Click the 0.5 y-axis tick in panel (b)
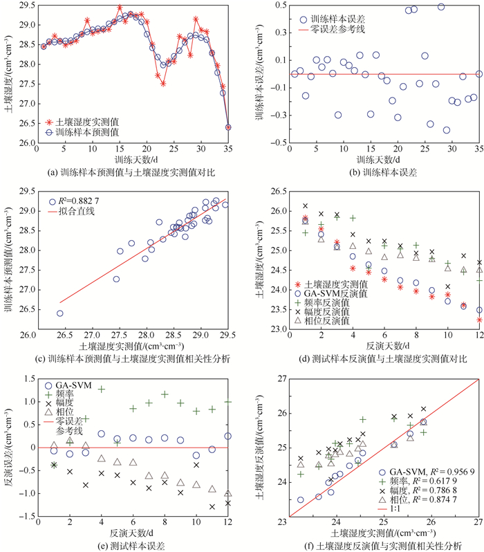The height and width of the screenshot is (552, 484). pos(278,6)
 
